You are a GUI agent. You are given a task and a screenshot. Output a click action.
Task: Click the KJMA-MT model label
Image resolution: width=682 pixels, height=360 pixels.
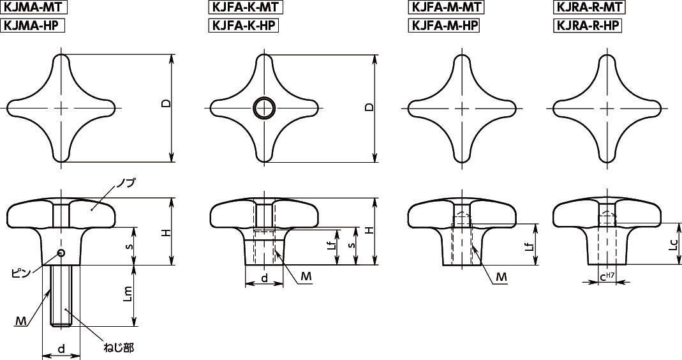33,8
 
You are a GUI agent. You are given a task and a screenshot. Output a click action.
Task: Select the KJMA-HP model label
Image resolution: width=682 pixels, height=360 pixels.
32,26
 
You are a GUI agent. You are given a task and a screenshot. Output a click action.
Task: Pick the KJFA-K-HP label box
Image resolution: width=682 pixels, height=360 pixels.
244,26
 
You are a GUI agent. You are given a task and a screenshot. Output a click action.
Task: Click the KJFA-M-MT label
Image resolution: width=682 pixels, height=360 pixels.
446,8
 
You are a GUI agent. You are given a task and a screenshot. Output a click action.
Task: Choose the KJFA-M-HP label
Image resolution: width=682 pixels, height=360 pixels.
444,26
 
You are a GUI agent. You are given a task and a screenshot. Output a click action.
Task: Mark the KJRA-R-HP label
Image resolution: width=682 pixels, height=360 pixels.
587,26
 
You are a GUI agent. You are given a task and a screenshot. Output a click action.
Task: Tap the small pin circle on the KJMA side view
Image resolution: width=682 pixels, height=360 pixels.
61,253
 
